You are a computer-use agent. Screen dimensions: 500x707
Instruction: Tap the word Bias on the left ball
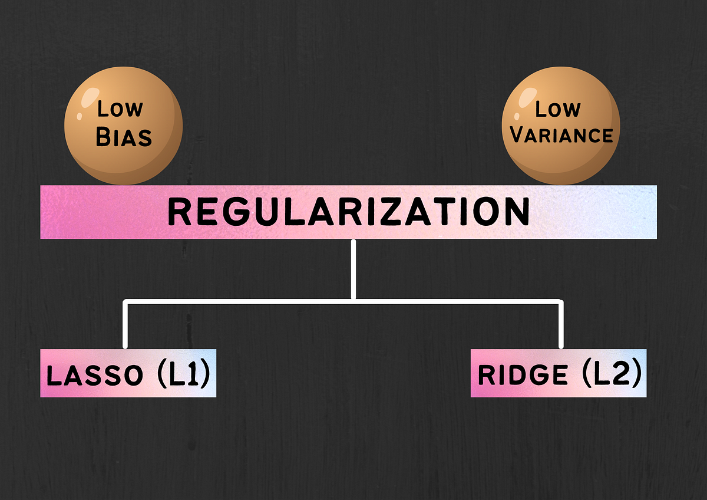click(x=124, y=136)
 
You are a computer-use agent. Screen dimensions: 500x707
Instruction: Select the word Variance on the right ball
click(x=561, y=134)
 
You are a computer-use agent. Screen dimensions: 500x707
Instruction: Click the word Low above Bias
click(x=120, y=109)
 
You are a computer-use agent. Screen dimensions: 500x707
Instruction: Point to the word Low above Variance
click(x=557, y=109)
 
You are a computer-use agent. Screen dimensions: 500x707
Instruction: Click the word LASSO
click(x=94, y=376)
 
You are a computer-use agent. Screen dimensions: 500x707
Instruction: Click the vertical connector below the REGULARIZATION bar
click(x=353, y=268)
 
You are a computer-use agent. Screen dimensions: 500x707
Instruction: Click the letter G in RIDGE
click(x=537, y=376)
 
